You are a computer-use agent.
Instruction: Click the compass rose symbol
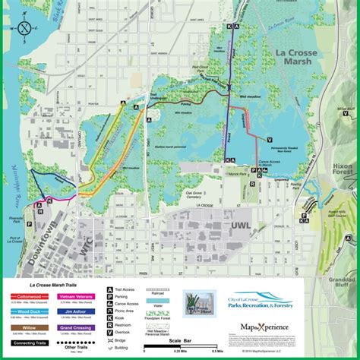(x=25, y=29)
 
